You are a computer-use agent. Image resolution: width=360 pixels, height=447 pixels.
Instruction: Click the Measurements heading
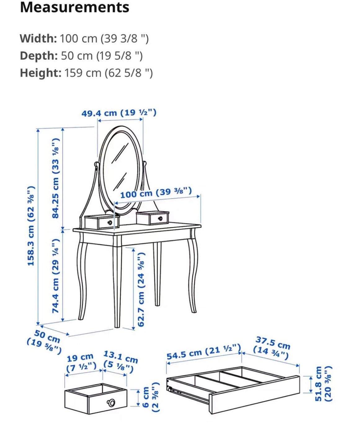coord(74,8)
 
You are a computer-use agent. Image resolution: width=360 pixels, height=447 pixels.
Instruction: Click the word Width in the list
coord(38,38)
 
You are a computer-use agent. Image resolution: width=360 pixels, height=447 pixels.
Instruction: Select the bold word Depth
coord(38,56)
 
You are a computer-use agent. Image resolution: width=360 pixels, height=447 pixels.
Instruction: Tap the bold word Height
coord(40,73)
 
